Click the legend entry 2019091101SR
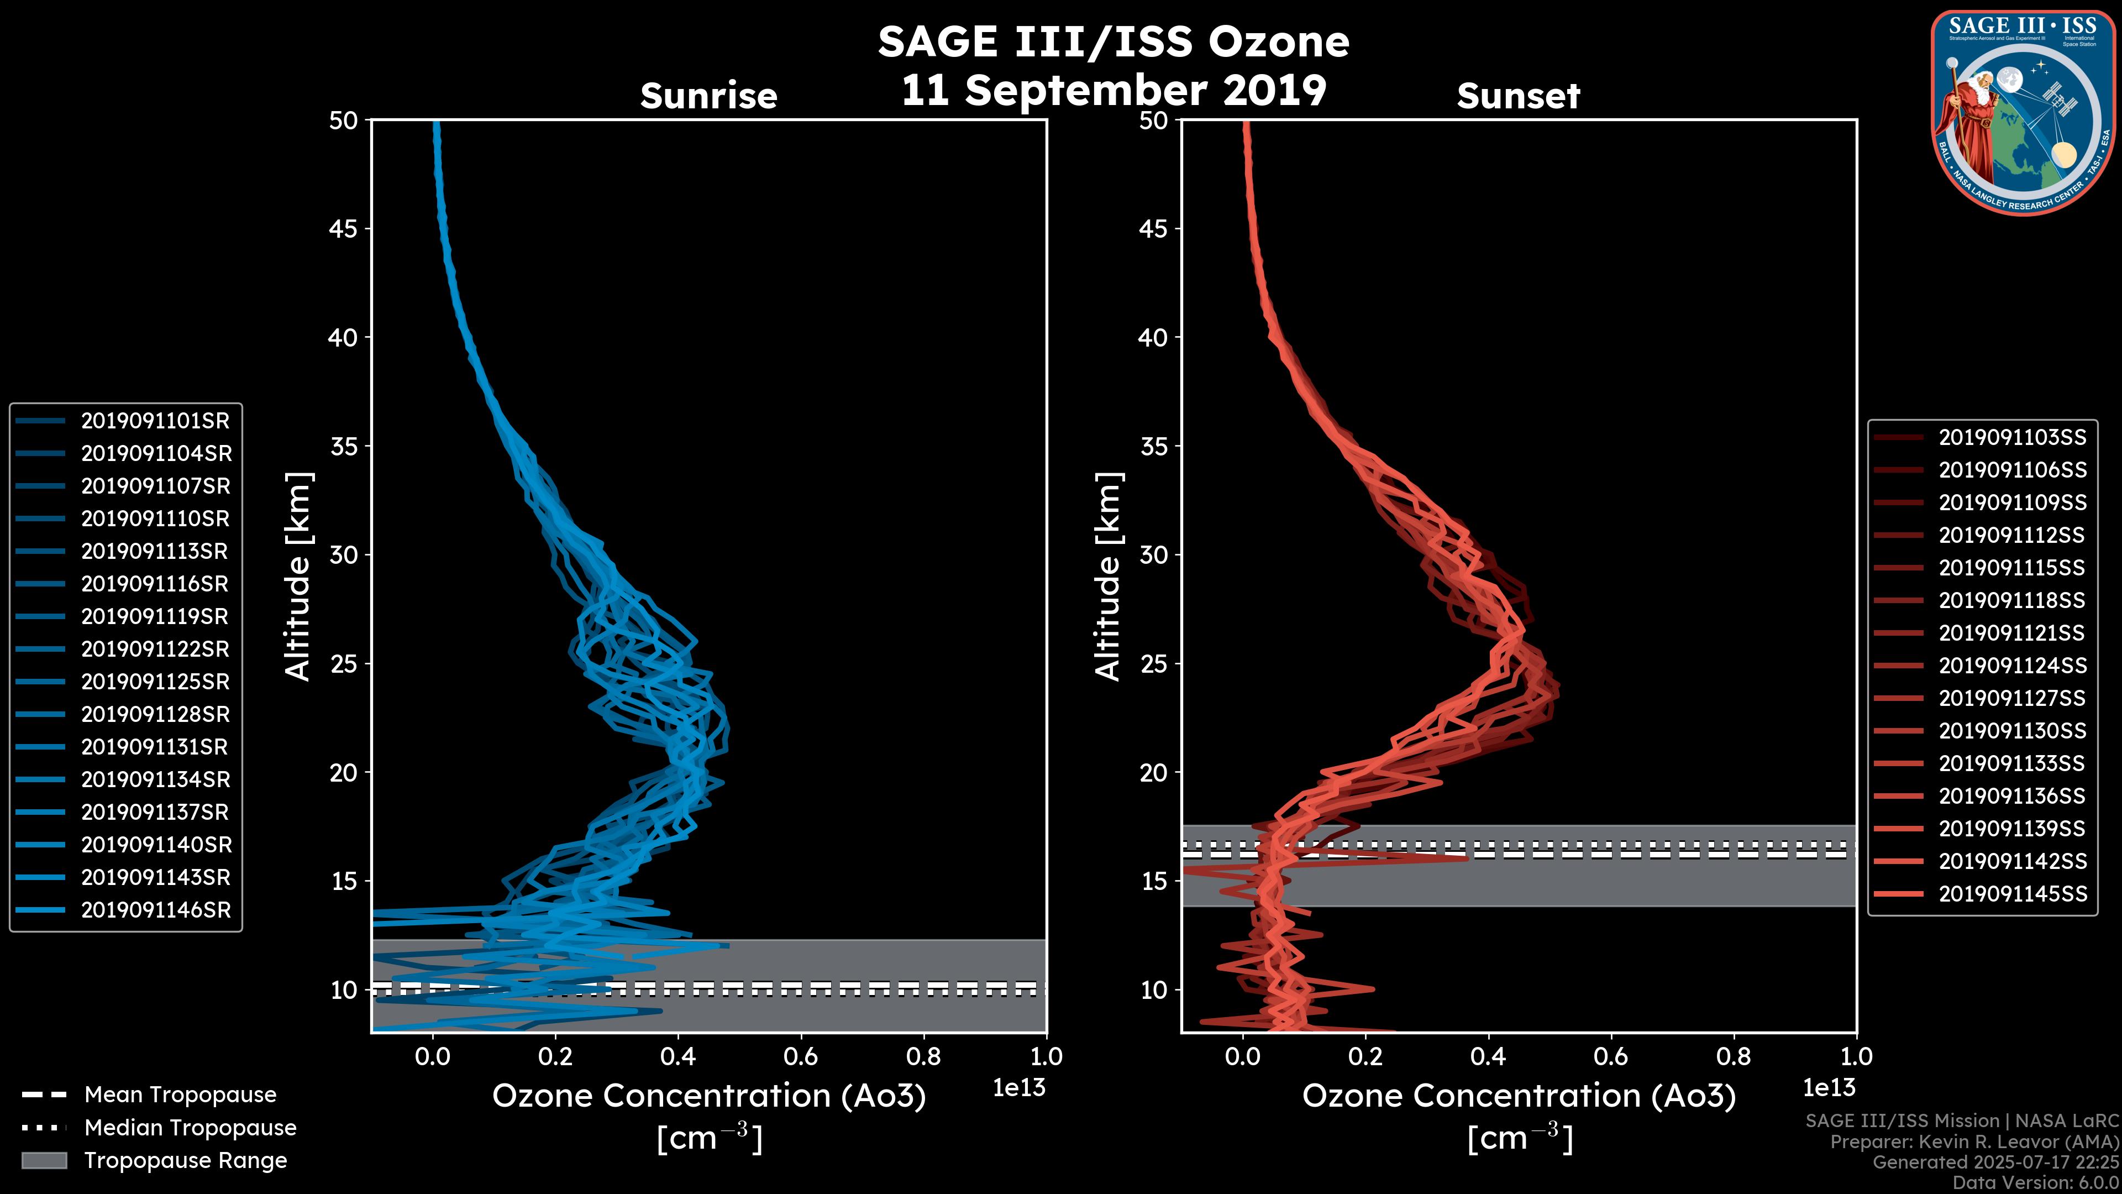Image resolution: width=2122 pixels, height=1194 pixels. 155,421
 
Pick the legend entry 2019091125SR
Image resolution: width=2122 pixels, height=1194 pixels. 155,682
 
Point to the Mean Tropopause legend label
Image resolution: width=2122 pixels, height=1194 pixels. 180,1095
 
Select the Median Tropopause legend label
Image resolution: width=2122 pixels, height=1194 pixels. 190,1128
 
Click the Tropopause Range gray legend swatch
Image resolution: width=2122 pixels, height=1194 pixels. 44,1161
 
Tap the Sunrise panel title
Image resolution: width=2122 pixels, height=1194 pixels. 708,96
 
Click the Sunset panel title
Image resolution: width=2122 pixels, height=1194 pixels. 1518,96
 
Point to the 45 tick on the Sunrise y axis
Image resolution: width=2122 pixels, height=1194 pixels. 344,229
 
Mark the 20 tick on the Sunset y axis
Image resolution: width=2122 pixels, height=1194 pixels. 1154,773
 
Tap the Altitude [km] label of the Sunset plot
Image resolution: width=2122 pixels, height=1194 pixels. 1108,577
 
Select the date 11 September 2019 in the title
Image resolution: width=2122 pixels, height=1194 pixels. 1113,91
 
